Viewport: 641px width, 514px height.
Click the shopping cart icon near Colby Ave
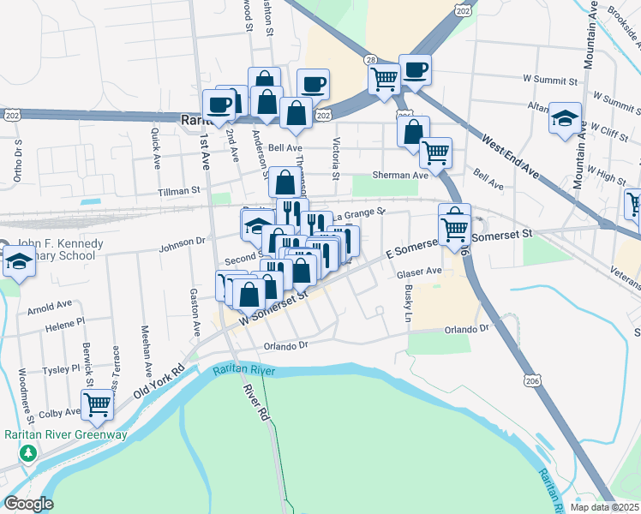click(98, 403)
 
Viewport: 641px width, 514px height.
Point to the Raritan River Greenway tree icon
click(28, 451)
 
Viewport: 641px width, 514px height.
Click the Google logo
click(28, 504)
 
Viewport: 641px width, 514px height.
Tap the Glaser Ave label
click(418, 272)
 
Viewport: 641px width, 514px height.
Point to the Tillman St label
click(178, 190)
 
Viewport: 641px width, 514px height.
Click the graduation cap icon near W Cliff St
click(565, 118)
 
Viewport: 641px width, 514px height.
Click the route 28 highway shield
click(370, 59)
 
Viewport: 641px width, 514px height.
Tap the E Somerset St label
click(420, 248)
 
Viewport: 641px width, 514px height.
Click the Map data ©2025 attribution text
click(605, 507)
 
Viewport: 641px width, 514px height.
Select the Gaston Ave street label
click(195, 307)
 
